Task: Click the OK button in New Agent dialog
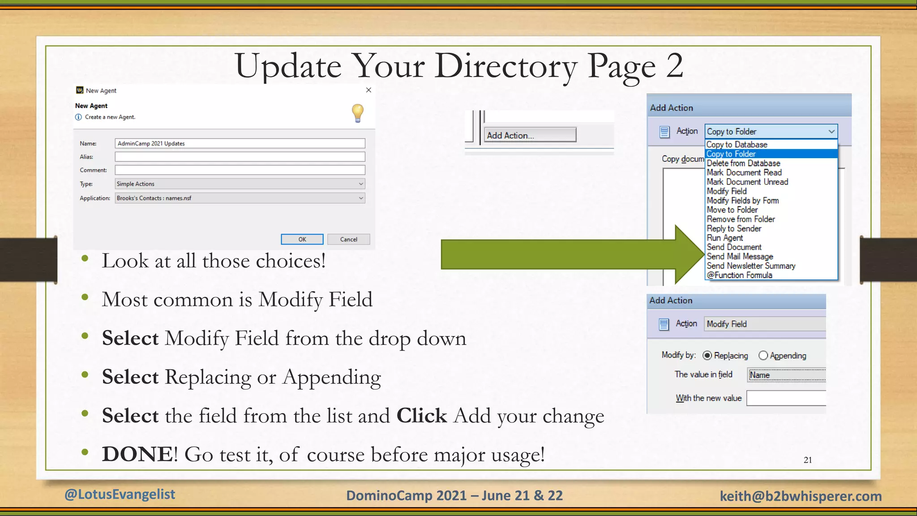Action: [302, 239]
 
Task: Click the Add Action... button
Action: [530, 135]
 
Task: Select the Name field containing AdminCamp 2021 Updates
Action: [240, 143]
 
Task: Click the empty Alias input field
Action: [240, 157]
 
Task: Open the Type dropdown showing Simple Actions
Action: [240, 184]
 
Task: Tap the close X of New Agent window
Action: [369, 90]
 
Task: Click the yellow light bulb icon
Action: [357, 112]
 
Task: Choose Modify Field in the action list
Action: [727, 191]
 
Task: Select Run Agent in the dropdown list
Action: [724, 238]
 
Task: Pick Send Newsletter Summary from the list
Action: [751, 266]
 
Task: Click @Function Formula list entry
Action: [739, 275]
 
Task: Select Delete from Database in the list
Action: [743, 163]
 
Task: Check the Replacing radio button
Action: [707, 356]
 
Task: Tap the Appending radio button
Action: [763, 356]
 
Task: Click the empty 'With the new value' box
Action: [786, 398]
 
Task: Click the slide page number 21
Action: [808, 460]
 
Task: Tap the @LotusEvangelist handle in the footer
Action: [120, 494]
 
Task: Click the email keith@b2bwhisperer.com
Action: [801, 496]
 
